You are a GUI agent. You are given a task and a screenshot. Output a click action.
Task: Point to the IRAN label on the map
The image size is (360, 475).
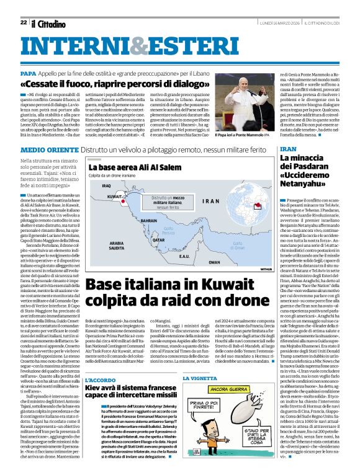(x=210, y=201)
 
